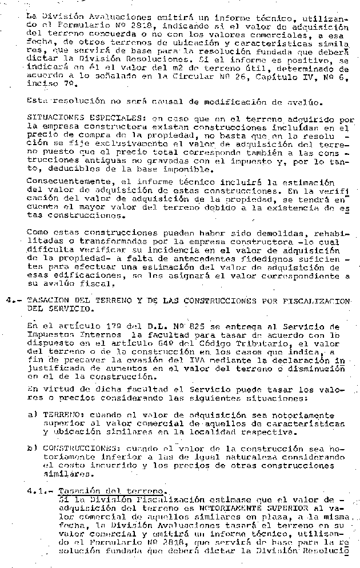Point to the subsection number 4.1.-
point(41,490)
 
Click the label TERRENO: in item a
point(59,414)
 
